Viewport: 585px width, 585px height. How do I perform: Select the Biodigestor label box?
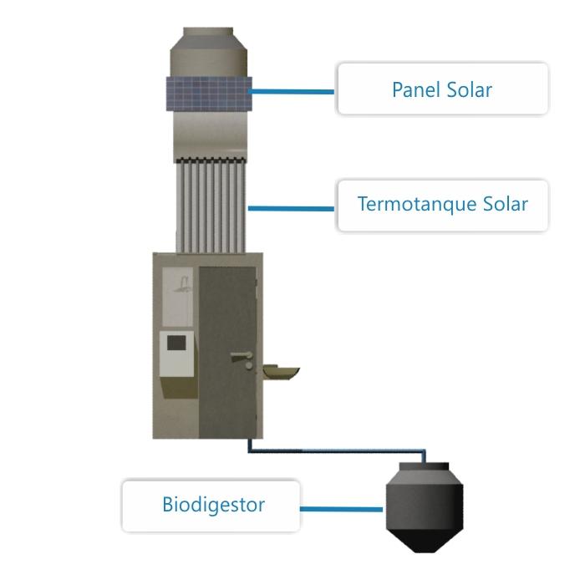(x=211, y=506)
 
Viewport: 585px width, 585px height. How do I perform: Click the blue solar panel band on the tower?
(x=208, y=94)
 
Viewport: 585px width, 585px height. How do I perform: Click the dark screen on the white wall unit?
(x=176, y=342)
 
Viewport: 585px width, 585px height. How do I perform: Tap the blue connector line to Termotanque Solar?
(x=292, y=207)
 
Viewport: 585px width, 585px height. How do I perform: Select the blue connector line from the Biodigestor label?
(x=341, y=508)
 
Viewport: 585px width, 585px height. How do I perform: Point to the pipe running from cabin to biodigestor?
(x=334, y=453)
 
